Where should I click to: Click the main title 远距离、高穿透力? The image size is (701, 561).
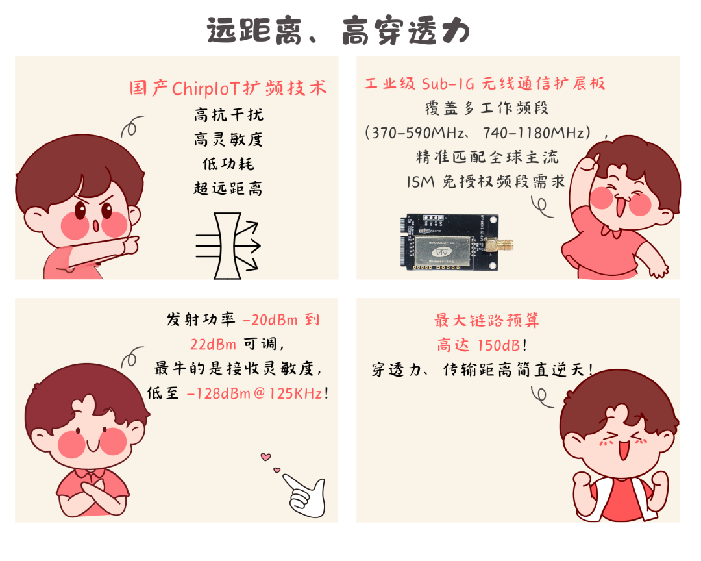tap(338, 31)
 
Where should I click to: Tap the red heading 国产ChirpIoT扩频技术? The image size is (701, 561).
tap(228, 88)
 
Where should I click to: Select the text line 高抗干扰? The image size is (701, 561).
tap(228, 115)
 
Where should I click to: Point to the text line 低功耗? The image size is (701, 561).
tap(228, 164)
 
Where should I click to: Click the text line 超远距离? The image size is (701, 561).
tap(228, 188)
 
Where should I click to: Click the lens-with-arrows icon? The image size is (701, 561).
tap(228, 245)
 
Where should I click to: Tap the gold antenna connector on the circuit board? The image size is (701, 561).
tap(499, 244)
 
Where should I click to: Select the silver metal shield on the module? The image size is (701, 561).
tap(443, 253)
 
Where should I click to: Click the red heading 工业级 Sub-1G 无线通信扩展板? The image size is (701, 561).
tap(485, 84)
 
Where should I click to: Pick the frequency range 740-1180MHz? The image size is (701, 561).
tap(534, 133)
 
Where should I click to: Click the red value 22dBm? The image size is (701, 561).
tap(213, 344)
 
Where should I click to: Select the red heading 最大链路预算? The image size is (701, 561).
tap(486, 320)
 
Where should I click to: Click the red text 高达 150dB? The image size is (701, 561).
tap(478, 345)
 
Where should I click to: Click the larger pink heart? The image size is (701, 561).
tap(266, 456)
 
